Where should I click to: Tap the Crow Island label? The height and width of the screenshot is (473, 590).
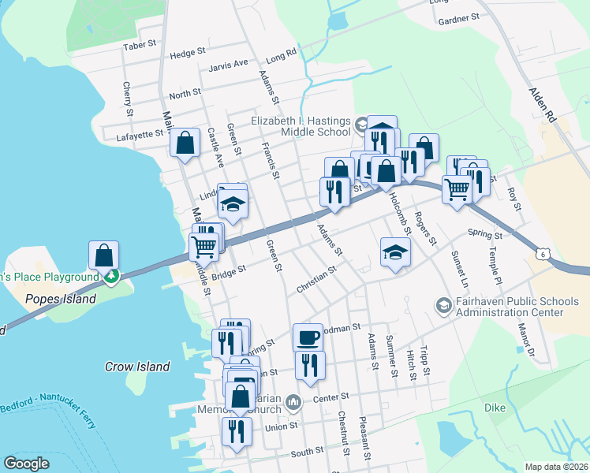(x=137, y=367)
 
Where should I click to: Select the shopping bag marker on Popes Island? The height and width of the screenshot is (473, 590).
(x=103, y=255)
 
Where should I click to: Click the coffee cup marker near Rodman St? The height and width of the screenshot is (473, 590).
(x=308, y=338)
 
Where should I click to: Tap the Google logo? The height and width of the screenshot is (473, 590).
(x=26, y=464)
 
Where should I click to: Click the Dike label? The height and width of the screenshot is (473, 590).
(x=495, y=408)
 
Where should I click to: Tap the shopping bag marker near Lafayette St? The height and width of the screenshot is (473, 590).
(x=185, y=143)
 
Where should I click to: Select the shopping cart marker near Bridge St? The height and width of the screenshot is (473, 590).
(x=204, y=246)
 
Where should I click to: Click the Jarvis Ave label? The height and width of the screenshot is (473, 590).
(x=229, y=63)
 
